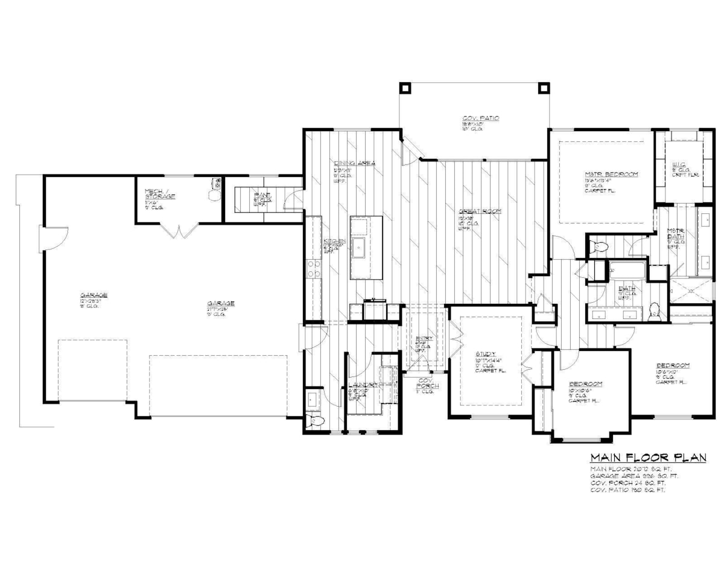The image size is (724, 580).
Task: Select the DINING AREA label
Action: pos(355,163)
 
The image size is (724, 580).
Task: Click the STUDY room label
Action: pos(485,353)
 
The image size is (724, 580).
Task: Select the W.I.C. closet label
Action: pos(678,164)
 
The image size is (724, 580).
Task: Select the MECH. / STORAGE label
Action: pos(160,195)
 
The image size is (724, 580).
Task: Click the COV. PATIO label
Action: pos(480,118)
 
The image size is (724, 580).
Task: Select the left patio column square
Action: pos(404,86)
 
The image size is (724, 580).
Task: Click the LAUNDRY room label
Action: pos(363,385)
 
